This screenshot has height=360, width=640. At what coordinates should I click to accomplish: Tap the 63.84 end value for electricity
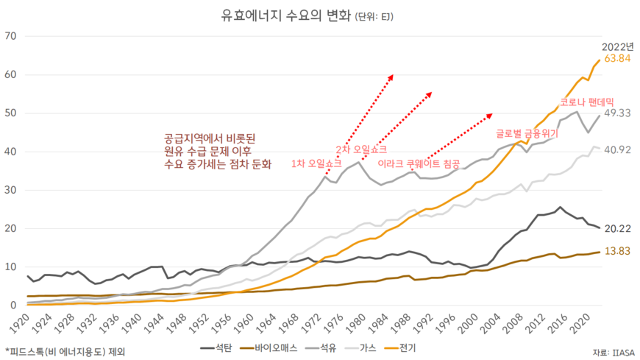pyautogui.click(x=617, y=59)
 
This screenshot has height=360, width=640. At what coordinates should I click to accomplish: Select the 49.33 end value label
pyautogui.click(x=616, y=114)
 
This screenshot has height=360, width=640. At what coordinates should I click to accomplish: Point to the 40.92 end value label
pyautogui.click(x=616, y=149)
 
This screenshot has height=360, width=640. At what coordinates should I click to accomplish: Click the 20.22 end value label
pyautogui.click(x=616, y=229)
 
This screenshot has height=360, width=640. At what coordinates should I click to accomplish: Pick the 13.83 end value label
pyautogui.click(x=616, y=252)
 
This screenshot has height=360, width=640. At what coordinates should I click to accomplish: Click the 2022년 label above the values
pyautogui.click(x=617, y=46)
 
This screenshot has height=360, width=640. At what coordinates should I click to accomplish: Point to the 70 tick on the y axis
pyautogui.click(x=10, y=36)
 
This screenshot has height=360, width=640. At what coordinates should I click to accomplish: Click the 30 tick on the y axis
pyautogui.click(x=10, y=190)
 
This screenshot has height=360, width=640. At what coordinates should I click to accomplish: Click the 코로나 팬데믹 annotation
pyautogui.click(x=586, y=102)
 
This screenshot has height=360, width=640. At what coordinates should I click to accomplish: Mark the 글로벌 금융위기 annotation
pyautogui.click(x=526, y=135)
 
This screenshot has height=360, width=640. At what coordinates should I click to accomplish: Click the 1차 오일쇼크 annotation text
pyautogui.click(x=317, y=163)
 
